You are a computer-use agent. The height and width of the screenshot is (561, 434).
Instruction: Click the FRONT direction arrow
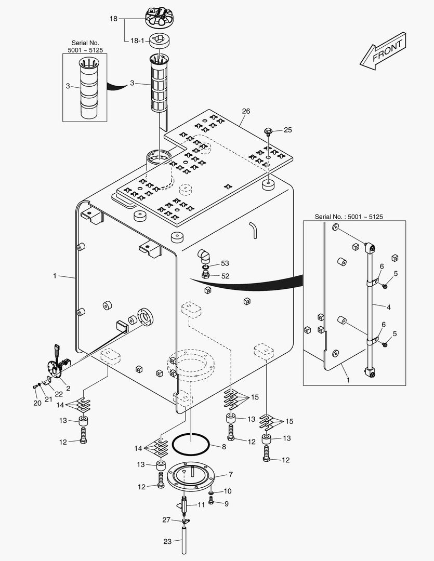[383, 50]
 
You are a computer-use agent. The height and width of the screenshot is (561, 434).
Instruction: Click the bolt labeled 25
[268, 130]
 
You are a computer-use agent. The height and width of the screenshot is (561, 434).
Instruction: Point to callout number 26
[246, 111]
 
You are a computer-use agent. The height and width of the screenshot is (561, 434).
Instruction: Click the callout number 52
[225, 276]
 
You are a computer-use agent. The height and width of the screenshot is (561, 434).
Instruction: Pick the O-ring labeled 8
[191, 445]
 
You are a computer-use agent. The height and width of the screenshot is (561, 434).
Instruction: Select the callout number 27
[166, 520]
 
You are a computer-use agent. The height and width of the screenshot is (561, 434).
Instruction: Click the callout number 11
[201, 504]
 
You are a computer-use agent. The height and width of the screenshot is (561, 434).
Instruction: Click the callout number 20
[36, 403]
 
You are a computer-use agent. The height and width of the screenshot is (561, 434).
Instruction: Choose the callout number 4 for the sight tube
[388, 307]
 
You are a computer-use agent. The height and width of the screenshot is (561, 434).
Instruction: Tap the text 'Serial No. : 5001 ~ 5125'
[348, 217]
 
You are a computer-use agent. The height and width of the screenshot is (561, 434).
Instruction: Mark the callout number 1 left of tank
[55, 276]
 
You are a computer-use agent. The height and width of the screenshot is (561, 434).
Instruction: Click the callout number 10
[228, 491]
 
